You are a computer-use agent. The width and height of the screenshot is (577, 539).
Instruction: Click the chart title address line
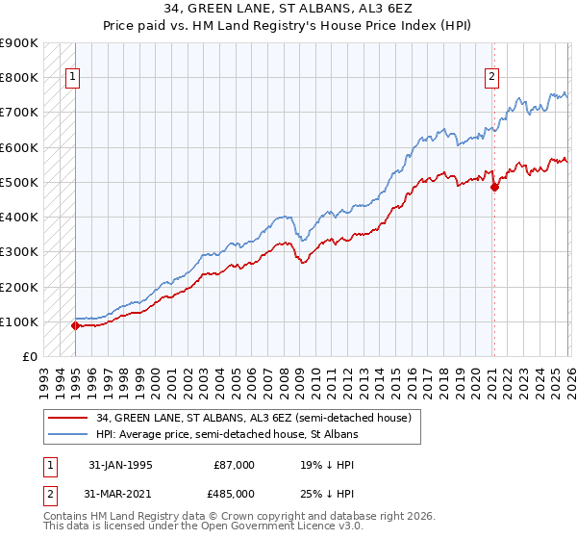(x=288, y=9)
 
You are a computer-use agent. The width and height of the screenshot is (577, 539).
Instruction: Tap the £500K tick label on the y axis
(x=19, y=182)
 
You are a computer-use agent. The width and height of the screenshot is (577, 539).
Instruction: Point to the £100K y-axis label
(x=19, y=321)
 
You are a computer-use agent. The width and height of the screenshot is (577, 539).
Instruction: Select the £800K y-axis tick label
(x=19, y=77)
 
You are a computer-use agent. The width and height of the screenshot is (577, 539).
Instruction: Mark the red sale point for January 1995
(x=76, y=325)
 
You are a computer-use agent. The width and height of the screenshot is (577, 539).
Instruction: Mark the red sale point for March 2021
(x=494, y=187)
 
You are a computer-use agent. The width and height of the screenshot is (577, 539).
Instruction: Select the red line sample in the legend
(x=68, y=418)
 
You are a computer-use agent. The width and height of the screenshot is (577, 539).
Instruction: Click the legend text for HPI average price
(x=227, y=435)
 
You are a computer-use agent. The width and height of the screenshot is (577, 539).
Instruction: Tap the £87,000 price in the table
(x=235, y=465)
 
